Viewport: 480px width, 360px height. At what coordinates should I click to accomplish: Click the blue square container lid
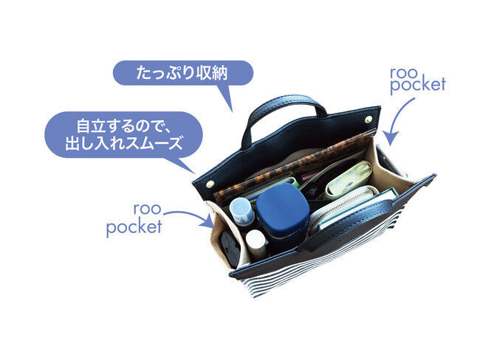pos(283,207)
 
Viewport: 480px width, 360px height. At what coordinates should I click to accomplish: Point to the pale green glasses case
pos(349,179)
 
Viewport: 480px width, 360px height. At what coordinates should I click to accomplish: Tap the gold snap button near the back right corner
pos(369,119)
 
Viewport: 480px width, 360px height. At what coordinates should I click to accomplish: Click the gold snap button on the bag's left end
pos(210,184)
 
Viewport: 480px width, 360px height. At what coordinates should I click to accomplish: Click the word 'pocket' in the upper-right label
pos(418,84)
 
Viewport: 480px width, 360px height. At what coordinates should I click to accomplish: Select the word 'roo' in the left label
pos(147,210)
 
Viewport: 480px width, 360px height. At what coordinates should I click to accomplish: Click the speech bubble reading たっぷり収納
pos(183,73)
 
